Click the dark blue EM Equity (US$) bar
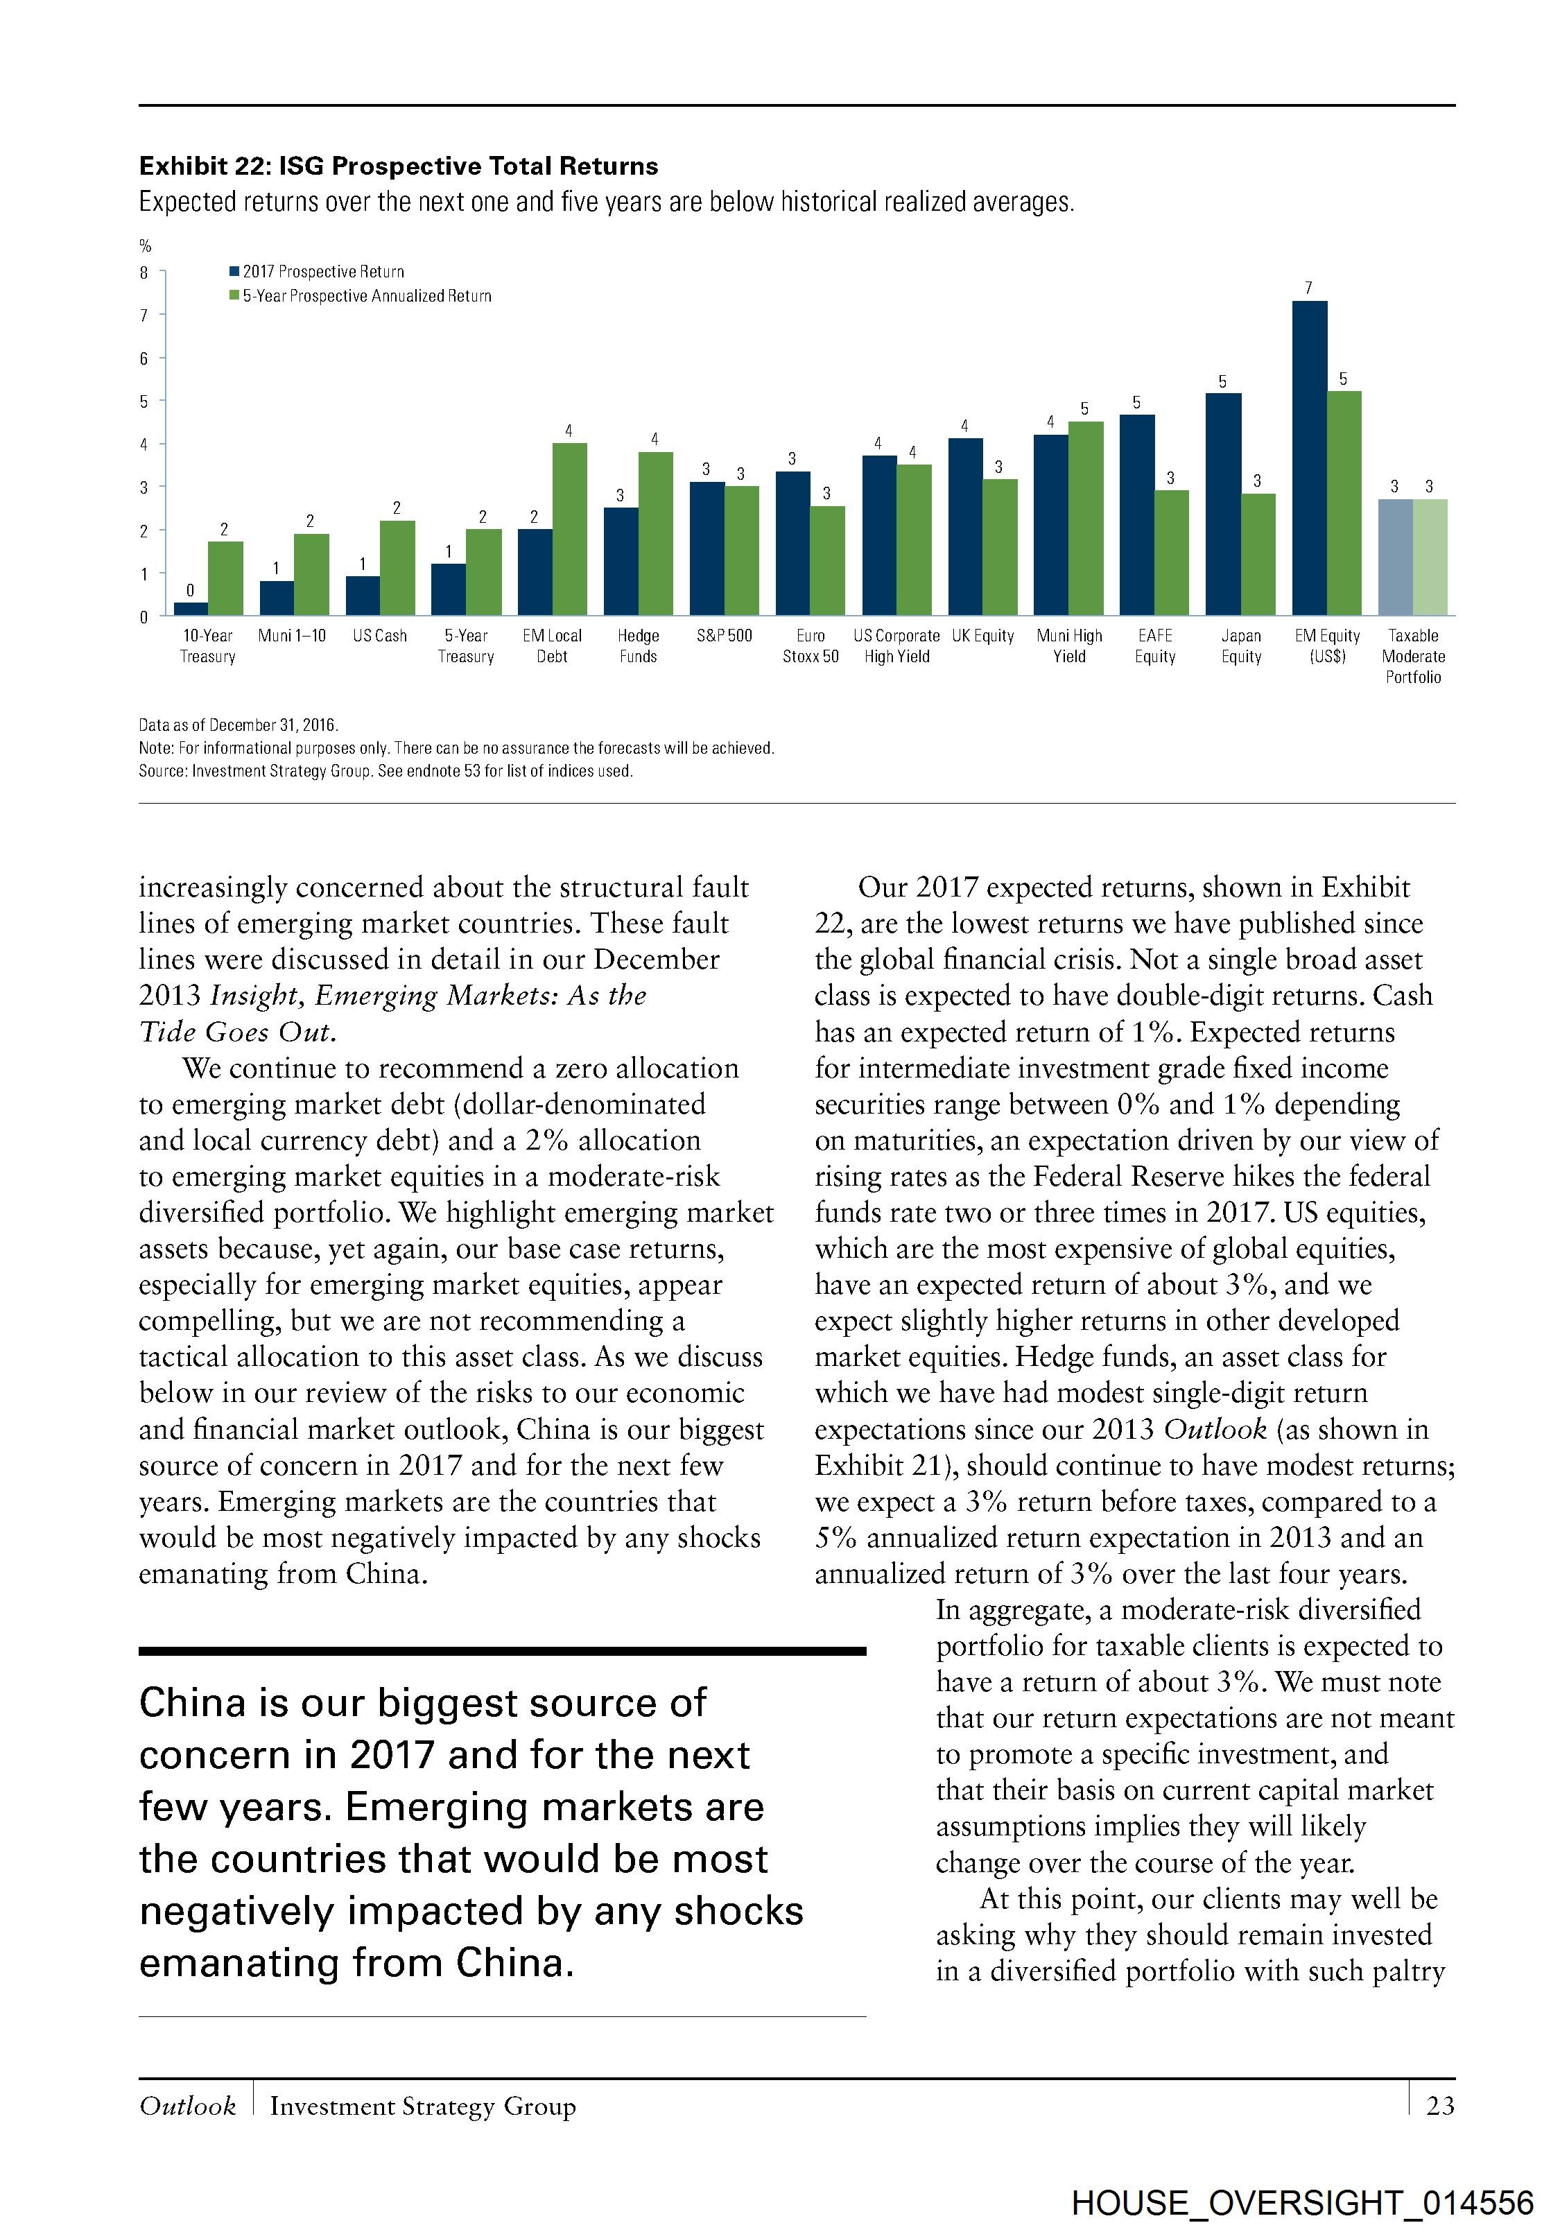click(x=1309, y=458)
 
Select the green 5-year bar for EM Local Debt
click(x=569, y=530)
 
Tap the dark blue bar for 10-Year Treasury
click(x=191, y=609)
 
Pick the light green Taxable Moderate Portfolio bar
click(x=1430, y=558)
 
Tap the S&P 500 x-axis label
click(x=724, y=636)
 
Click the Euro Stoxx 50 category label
click(x=811, y=646)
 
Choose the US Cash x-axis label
click(x=379, y=636)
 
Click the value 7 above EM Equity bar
click(x=1308, y=288)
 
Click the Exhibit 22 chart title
click(x=399, y=166)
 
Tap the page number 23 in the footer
click(x=1439, y=2106)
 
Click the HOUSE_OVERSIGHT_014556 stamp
click(x=1303, y=2203)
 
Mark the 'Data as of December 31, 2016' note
click(x=238, y=725)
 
